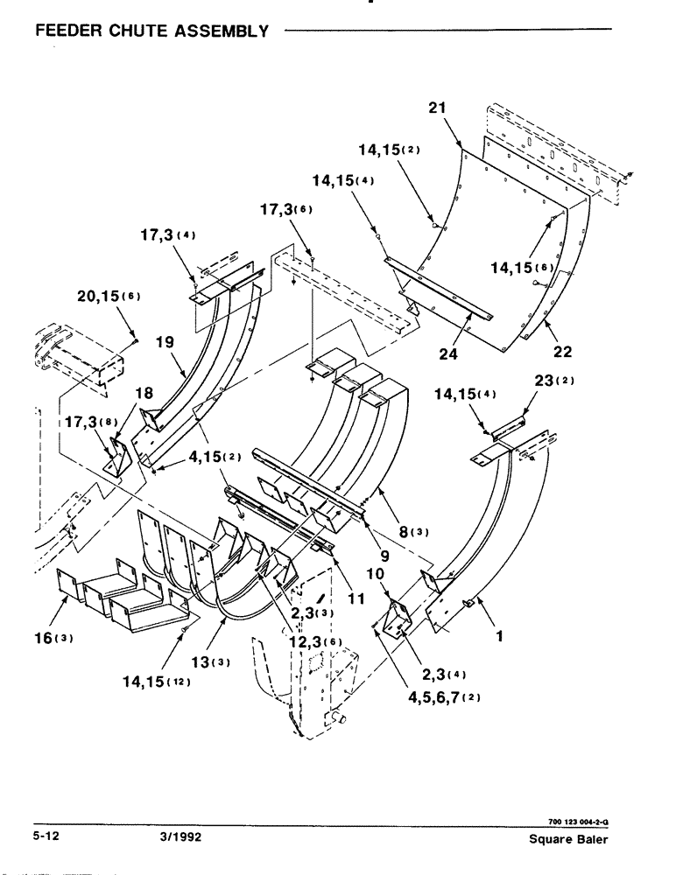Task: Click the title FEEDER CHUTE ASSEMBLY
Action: pos(151,32)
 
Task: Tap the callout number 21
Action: pos(438,108)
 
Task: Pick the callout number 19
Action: pos(165,345)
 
